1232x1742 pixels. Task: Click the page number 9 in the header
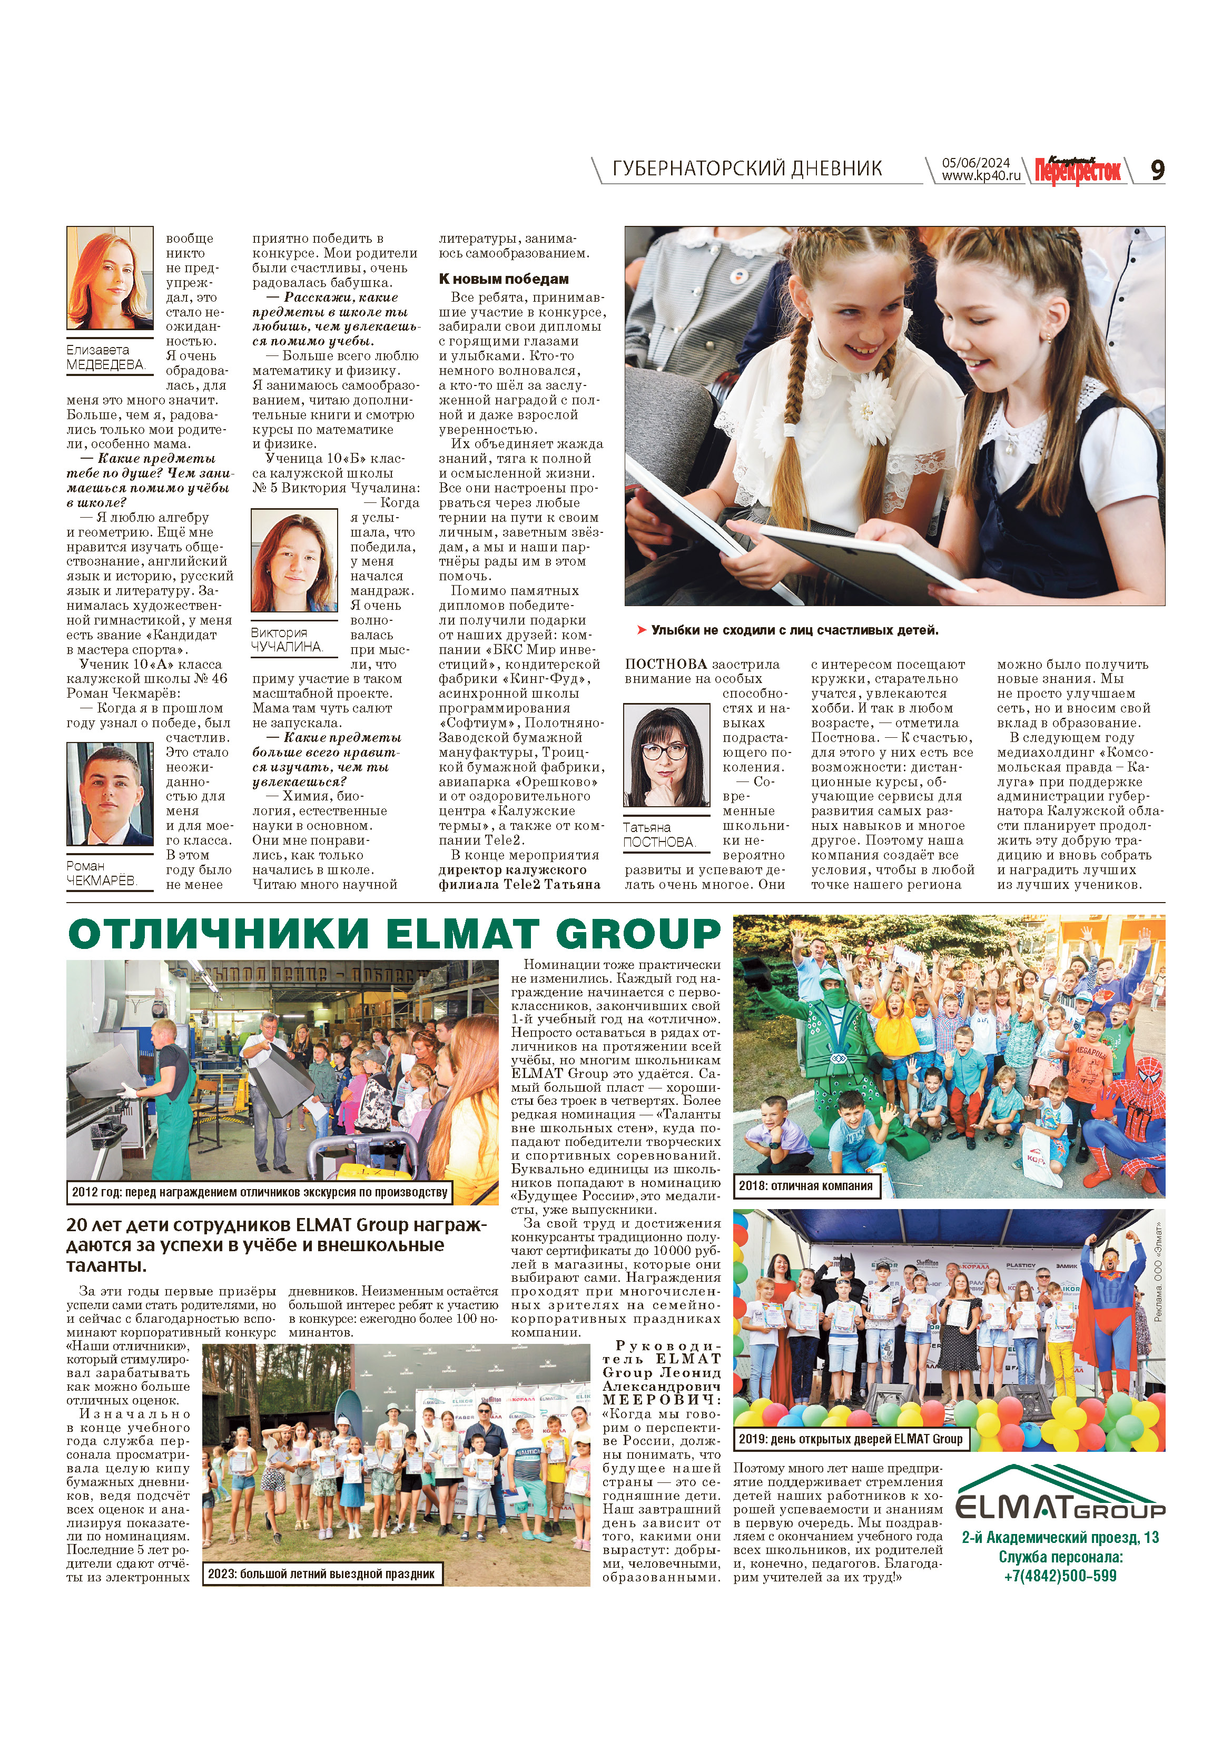(1157, 170)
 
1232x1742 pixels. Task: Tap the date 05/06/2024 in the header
(976, 162)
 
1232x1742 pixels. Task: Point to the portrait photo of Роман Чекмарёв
(110, 794)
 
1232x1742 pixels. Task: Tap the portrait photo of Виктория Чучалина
(294, 561)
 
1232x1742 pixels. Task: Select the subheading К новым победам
(503, 279)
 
